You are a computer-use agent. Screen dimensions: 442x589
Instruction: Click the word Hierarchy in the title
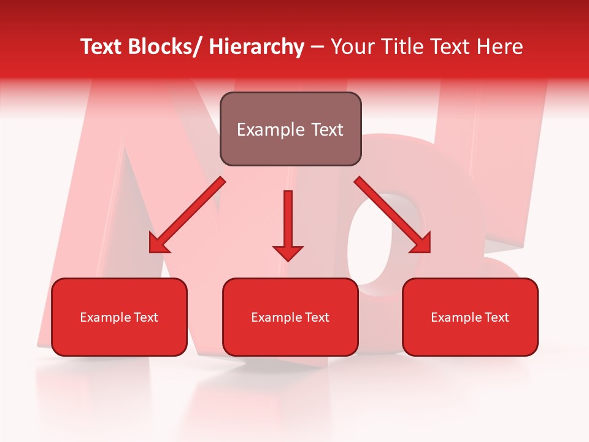coord(256,47)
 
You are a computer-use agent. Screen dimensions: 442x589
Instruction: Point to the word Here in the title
coord(501,47)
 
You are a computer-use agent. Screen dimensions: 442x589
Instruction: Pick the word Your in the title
coord(352,47)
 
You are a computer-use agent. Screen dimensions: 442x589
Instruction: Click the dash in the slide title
coord(317,47)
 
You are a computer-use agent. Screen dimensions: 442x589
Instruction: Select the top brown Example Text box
coord(290,130)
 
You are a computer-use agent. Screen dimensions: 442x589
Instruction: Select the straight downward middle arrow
coord(288,221)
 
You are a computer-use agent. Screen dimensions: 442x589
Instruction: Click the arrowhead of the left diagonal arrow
coord(158,244)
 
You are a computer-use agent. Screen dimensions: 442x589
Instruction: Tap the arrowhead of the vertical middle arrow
coord(288,252)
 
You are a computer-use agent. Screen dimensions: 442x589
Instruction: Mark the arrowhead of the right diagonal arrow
coord(422,244)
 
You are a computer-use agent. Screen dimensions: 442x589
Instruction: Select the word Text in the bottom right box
coord(497,317)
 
